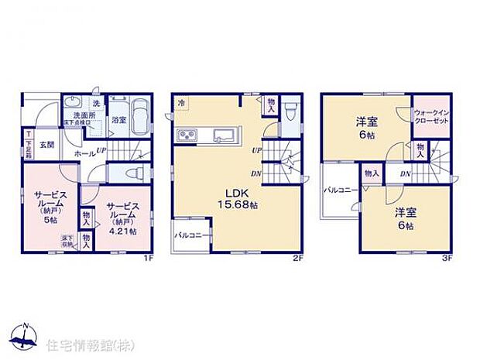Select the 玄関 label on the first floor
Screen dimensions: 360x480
click(46, 145)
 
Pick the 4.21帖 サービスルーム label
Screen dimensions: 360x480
click(122, 218)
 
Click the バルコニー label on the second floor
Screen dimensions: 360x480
click(188, 233)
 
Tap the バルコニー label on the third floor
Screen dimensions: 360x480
click(338, 190)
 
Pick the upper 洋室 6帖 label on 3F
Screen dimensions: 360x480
click(366, 127)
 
